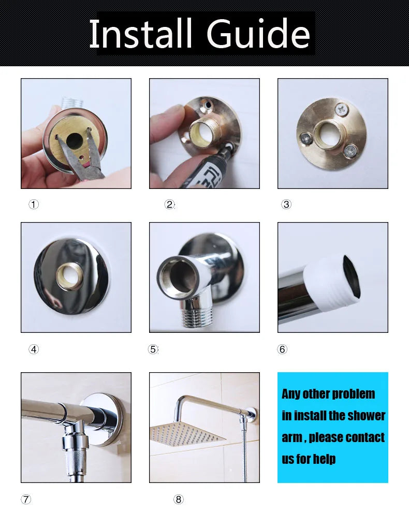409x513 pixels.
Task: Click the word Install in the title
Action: click(140, 33)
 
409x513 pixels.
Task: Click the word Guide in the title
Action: click(258, 33)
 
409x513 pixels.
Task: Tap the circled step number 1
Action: click(34, 204)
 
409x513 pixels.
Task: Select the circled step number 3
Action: click(286, 204)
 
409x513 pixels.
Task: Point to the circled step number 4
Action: click(34, 349)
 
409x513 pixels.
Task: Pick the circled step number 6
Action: click(282, 349)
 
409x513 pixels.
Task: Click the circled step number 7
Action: click(26, 499)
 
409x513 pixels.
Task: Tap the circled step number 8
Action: click(178, 499)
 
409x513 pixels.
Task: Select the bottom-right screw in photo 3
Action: click(350, 150)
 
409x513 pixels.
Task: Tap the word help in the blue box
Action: click(324, 459)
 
